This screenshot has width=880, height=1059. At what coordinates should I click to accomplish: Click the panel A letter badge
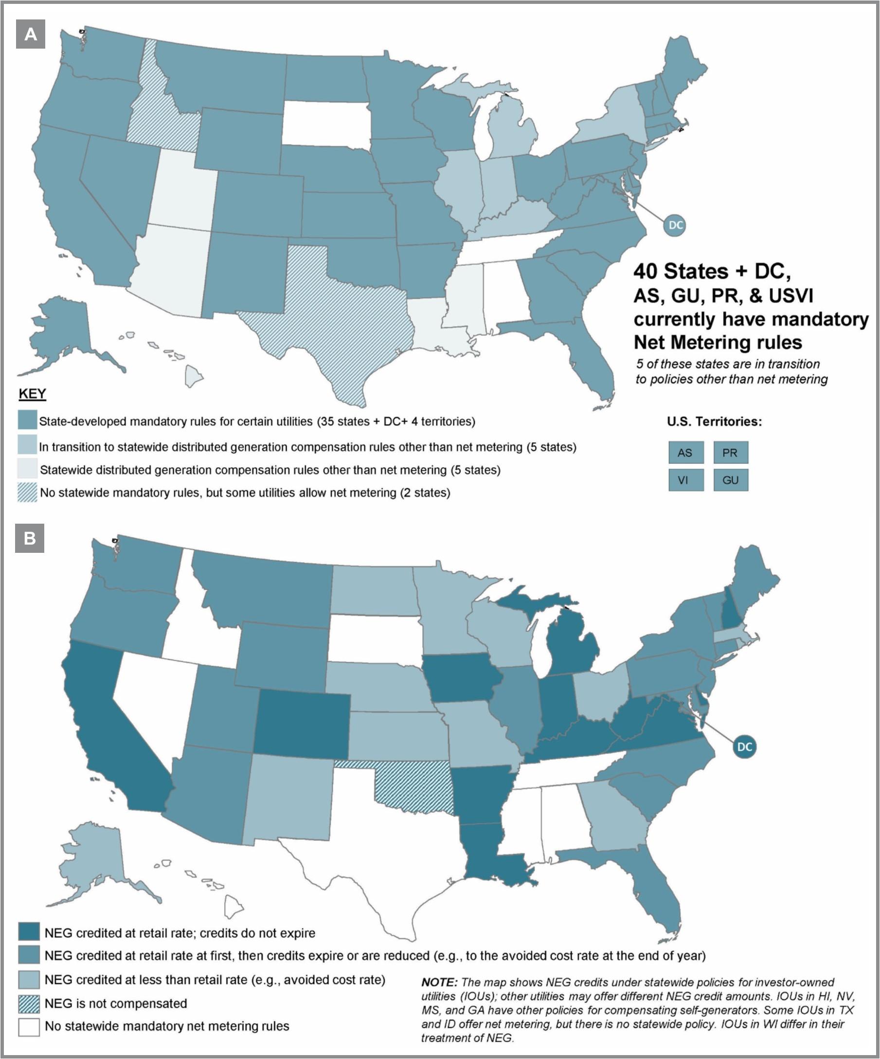pos(31,35)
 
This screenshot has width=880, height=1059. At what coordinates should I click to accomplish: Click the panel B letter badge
pos(30,538)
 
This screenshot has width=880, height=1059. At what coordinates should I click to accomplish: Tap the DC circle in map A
pos(675,225)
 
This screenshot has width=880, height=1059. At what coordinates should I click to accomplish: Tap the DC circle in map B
pos(744,746)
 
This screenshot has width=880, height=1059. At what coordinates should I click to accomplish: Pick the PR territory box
pos(730,452)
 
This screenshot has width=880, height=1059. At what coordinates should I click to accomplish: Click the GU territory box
pos(730,480)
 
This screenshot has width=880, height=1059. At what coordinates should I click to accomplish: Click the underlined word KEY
pos(32,394)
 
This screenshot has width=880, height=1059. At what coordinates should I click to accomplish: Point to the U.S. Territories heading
pos(714,422)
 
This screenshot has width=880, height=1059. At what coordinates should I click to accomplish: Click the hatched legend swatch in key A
pos(27,492)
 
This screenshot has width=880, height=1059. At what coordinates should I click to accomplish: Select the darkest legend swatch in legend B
pos(29,933)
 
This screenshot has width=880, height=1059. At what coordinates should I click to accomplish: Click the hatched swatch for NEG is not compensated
pos(29,1004)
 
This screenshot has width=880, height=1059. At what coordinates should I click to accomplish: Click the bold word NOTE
pos(439,982)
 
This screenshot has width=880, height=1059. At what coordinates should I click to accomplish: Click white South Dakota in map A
pos(325,124)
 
